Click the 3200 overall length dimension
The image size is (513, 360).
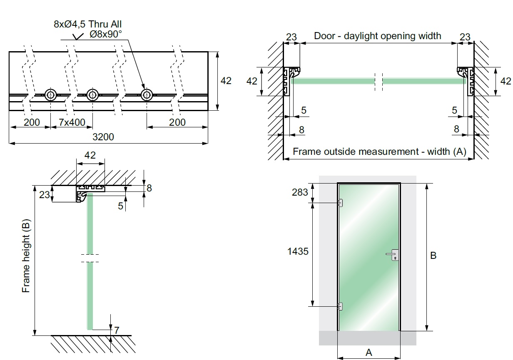103,137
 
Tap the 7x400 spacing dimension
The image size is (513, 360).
72,122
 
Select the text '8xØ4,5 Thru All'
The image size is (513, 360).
87,24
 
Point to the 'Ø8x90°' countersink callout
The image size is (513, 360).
105,34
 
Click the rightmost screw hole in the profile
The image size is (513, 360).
146,95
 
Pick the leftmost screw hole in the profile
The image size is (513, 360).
50,95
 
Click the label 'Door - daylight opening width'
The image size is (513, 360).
377,36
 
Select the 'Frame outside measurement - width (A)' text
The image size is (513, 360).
379,151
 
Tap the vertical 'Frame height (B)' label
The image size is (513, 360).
26,258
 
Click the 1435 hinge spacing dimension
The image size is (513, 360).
298,251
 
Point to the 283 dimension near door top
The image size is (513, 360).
300,192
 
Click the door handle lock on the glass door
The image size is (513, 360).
393,255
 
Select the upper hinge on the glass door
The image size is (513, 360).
340,203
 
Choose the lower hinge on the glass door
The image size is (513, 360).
340,306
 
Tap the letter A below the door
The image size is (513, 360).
369,353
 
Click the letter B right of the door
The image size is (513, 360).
433,256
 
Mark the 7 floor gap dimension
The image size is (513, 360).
117,330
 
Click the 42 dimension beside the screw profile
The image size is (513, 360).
226,81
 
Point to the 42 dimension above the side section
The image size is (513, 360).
90,155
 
